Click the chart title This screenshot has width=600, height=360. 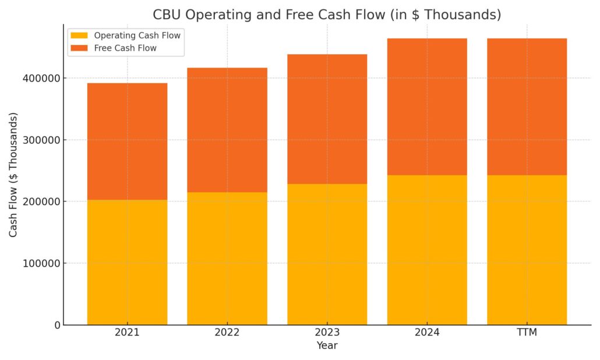point(327,15)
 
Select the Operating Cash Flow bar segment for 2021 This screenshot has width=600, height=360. point(127,262)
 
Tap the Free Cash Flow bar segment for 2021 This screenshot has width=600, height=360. point(127,142)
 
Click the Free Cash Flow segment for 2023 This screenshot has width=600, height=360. point(327,119)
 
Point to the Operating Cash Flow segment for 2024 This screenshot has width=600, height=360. point(427,250)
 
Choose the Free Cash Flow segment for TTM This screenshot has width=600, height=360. point(527,107)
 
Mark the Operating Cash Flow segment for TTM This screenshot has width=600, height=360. point(527,250)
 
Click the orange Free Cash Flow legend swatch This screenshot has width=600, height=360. point(80,48)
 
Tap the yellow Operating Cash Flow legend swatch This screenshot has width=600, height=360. point(80,36)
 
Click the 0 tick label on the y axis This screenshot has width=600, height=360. point(57,325)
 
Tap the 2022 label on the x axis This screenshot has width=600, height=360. point(227,333)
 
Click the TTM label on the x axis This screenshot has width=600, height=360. point(527,333)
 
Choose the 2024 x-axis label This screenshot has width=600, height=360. point(427,333)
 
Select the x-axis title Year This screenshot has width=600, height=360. point(327,345)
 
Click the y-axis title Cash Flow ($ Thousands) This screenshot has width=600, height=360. point(13,175)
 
